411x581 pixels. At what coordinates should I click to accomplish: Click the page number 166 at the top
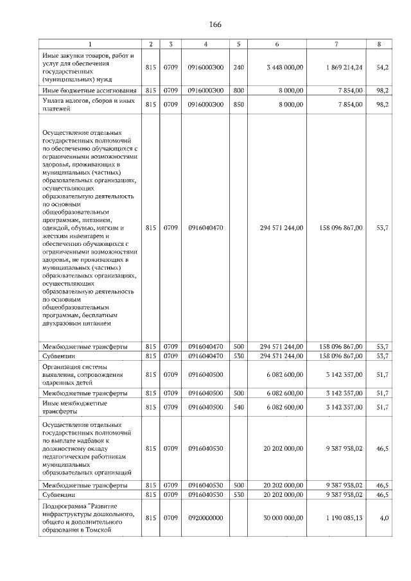coord(214,24)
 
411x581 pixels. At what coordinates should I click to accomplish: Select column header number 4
coord(205,44)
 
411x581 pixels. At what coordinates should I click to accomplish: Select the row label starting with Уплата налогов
coord(88,105)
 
